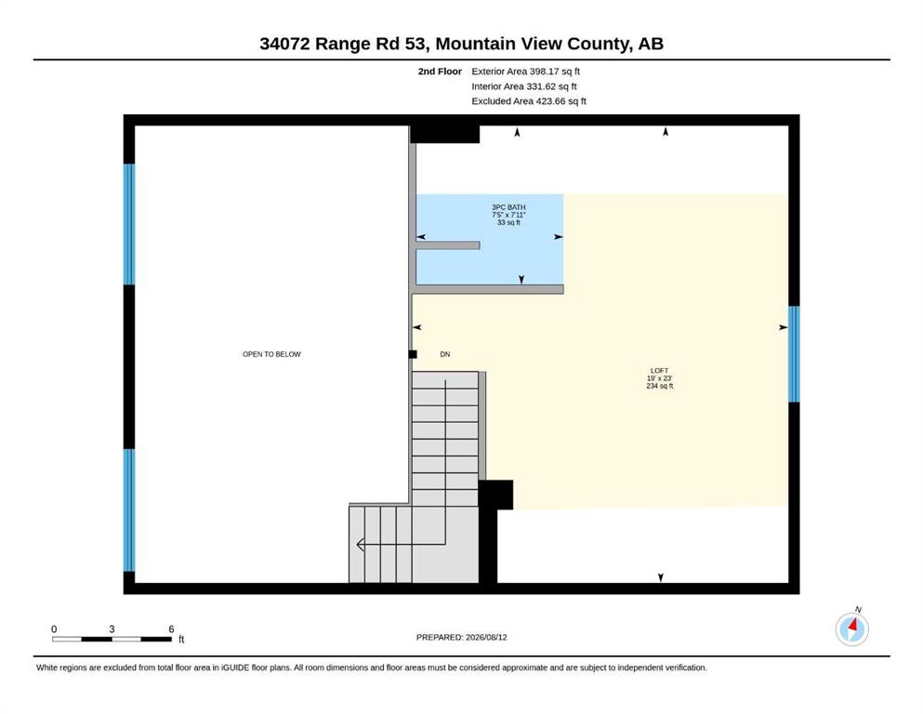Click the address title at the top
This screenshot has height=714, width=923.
point(461,44)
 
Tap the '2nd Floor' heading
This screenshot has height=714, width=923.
point(440,72)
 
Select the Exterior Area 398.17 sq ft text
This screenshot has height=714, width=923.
point(526,72)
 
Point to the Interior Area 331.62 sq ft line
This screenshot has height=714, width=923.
point(524,86)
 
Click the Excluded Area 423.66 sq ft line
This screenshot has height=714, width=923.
point(529,101)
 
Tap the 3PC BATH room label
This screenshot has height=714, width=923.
point(508,215)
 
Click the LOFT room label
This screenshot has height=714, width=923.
point(659,378)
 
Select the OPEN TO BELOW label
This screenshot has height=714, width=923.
point(271,354)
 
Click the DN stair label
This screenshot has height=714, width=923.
point(445,354)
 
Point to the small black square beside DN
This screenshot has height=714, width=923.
point(413,354)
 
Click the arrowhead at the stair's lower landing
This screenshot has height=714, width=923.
point(361,545)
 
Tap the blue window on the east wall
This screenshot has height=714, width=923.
point(794,354)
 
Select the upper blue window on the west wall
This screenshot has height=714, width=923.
point(129,224)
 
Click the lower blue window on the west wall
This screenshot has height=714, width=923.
point(129,509)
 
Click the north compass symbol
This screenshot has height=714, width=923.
point(851,628)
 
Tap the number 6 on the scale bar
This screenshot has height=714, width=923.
point(171,629)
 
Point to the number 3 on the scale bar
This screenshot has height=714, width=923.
point(112,629)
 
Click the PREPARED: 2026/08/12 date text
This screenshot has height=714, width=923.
point(461,637)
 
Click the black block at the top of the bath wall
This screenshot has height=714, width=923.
point(444,134)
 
